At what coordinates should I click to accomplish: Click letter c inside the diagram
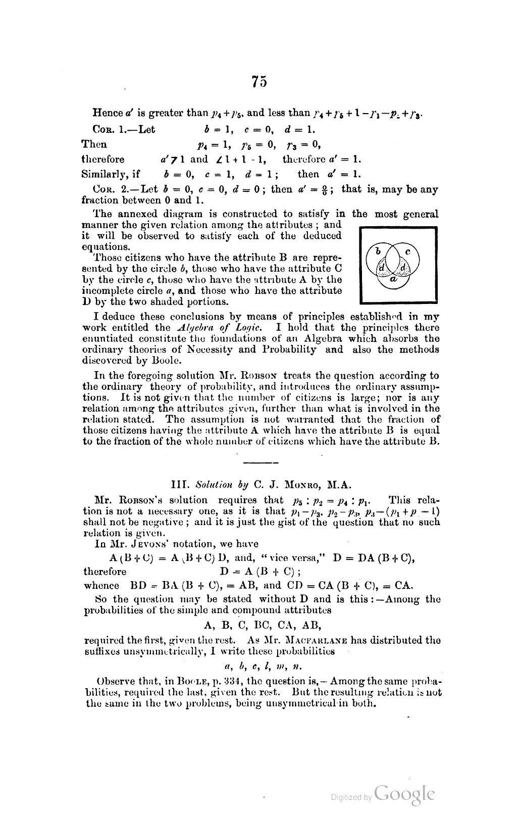408,250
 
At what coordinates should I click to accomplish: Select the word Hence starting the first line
106,113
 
